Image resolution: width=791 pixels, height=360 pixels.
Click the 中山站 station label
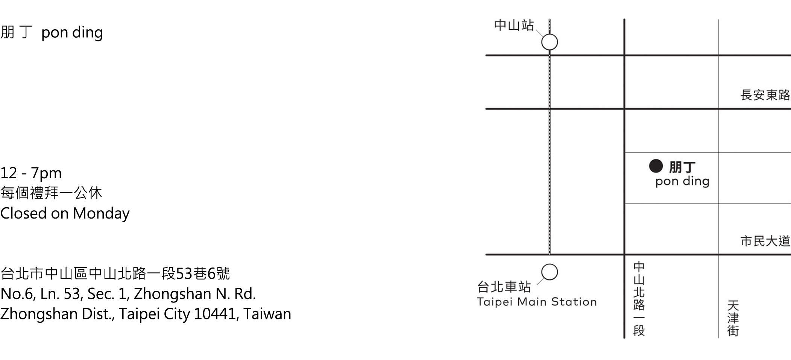click(x=514, y=26)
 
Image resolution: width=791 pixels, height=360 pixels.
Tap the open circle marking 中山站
click(x=550, y=42)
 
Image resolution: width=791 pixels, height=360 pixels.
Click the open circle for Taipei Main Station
click(x=550, y=272)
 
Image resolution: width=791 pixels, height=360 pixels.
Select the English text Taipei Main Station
click(x=536, y=302)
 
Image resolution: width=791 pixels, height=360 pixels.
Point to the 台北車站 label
click(x=504, y=287)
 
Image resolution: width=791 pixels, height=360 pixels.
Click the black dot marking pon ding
click(x=656, y=166)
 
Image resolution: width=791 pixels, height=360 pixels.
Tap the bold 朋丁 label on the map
click(x=682, y=167)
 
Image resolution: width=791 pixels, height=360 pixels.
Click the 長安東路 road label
click(x=765, y=95)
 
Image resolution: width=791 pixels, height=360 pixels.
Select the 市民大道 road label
click(x=765, y=241)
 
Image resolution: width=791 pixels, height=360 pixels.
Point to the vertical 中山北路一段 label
click(x=639, y=299)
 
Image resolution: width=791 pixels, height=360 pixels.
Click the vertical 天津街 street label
click(x=733, y=318)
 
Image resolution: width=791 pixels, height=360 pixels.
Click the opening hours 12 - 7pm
click(x=31, y=173)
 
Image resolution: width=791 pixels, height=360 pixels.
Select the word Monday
click(x=101, y=213)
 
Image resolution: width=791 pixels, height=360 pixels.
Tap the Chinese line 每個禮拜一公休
click(x=51, y=193)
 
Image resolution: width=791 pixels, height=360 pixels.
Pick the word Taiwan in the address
click(x=267, y=314)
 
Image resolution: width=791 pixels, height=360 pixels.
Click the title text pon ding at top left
click(x=72, y=33)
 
